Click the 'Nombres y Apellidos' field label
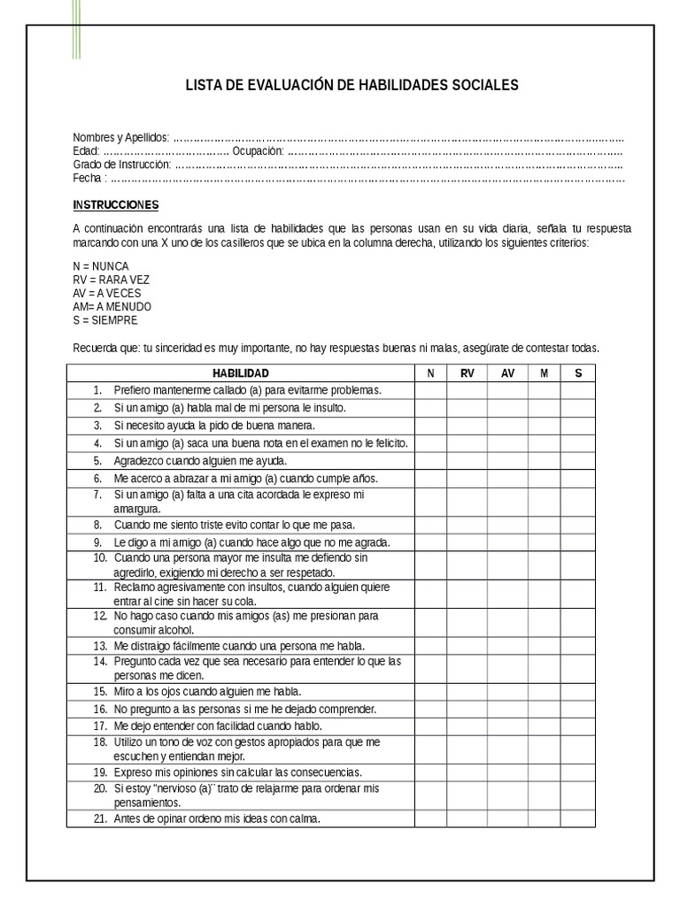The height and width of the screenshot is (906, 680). click(x=120, y=138)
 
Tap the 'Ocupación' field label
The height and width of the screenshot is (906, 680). click(x=258, y=151)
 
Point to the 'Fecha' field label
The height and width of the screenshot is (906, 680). click(x=89, y=178)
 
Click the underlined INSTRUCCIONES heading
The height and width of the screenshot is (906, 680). click(x=115, y=205)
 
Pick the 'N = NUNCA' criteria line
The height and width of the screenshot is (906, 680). click(x=100, y=266)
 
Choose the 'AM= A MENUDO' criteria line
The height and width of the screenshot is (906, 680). click(x=112, y=306)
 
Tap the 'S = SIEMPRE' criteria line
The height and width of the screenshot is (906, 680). click(x=104, y=320)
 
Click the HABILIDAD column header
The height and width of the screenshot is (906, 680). click(x=240, y=373)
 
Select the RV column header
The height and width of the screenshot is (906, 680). click(x=467, y=373)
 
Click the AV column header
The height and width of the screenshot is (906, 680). click(x=507, y=373)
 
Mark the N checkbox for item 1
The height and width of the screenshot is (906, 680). click(x=430, y=390)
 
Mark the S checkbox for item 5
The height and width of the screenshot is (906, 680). click(x=577, y=461)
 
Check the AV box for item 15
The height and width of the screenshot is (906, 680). click(x=507, y=691)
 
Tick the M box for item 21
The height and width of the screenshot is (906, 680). click(x=544, y=819)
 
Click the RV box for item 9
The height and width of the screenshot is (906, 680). click(x=467, y=542)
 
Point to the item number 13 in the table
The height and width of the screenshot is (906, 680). click(x=99, y=646)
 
